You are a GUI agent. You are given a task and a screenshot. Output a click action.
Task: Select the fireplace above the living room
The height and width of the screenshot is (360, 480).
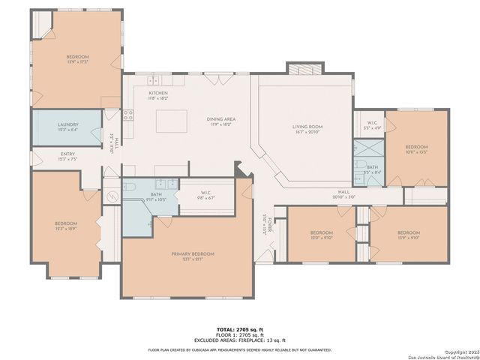pyautogui.click(x=304, y=69)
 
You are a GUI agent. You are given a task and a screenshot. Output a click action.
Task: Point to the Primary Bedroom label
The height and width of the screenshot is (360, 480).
pyautogui.click(x=193, y=254)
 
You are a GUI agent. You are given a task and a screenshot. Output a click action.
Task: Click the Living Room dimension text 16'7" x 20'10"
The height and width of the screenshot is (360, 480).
pyautogui.click(x=307, y=133)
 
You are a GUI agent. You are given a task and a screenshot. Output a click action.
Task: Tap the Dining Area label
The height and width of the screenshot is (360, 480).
pyautogui.click(x=221, y=119)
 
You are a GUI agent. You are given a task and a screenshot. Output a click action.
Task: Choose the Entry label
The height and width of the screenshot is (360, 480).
pyautogui.click(x=68, y=154)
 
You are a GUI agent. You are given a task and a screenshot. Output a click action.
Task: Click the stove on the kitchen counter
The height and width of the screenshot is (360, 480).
pyautogui.click(x=128, y=115)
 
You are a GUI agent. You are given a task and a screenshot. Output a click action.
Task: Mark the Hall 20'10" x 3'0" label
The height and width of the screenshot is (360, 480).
pyautogui.click(x=344, y=193)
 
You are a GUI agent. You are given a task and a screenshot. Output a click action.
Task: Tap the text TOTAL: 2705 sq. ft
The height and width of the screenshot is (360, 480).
pyautogui.click(x=239, y=328)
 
